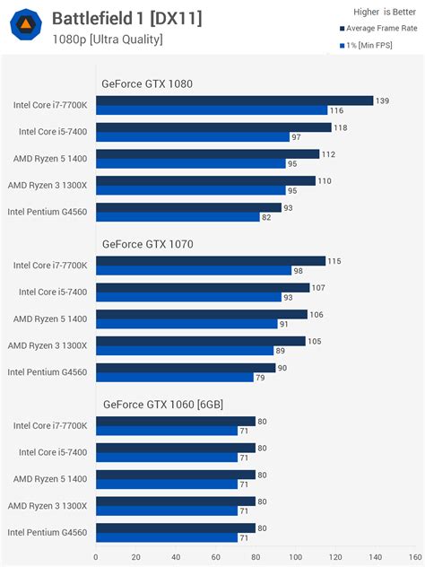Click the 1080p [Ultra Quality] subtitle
pos(107,39)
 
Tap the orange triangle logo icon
pos(25,23)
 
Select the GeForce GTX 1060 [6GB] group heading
pos(162,405)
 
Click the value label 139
pos(383,100)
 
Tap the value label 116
pos(336,110)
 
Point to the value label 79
pos(261,377)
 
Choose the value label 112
pos(329,154)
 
